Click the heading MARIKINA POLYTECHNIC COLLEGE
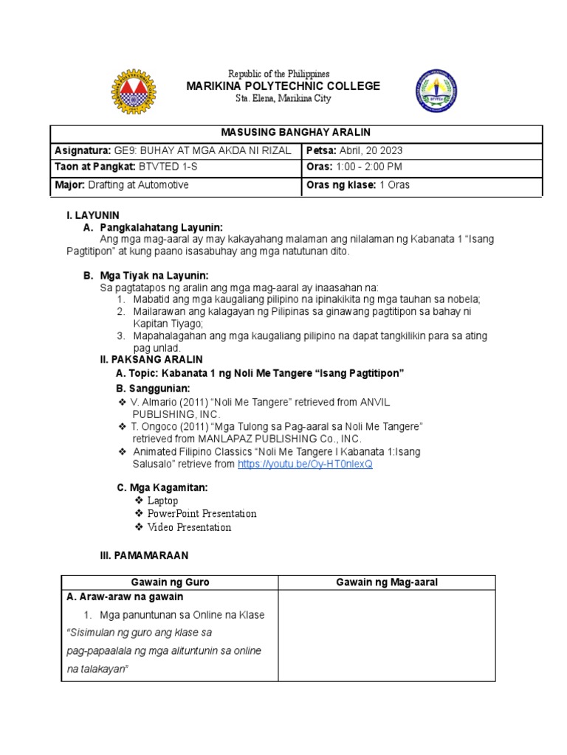(283, 86)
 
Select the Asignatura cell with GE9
(176, 150)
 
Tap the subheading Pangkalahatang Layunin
(161, 227)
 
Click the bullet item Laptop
(162, 501)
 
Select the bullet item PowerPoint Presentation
(202, 514)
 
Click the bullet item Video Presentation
(189, 527)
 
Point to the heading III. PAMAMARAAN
(144, 555)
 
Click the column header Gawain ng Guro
(169, 582)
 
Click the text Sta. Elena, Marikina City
(283, 99)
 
